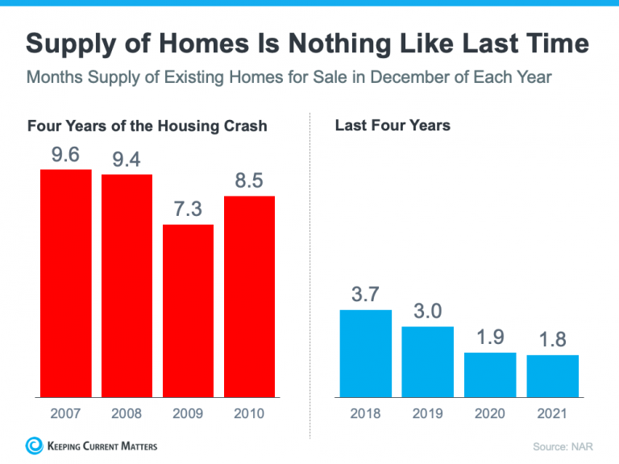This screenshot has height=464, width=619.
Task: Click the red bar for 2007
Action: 65,284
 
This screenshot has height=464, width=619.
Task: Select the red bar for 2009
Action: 188,311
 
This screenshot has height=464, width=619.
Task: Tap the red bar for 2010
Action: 249,296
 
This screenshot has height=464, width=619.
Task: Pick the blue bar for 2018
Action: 366,354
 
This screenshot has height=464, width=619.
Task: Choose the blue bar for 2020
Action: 490,375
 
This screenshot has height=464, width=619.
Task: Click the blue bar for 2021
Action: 553,376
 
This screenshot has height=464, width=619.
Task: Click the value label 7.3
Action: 188,209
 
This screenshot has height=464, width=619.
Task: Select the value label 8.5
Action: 249,181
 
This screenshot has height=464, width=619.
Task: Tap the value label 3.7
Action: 366,295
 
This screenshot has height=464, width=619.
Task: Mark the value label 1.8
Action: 553,340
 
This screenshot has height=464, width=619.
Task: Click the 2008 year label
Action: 127,413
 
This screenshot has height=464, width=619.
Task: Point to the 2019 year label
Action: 427,413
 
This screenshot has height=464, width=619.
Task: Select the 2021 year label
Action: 553,413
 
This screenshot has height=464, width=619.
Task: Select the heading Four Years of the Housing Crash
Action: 147,126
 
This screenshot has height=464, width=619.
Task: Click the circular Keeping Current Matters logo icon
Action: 35,445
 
